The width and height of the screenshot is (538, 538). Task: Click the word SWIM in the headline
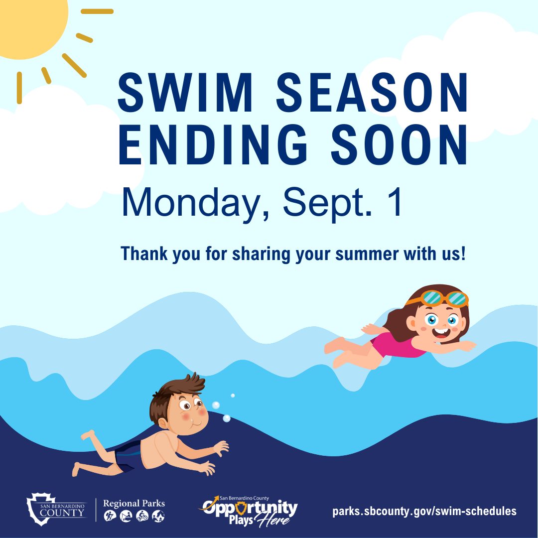pyautogui.click(x=185, y=92)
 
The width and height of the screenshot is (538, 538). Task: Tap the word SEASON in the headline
pyautogui.click(x=372, y=92)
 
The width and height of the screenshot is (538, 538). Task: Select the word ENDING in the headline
pyautogui.click(x=213, y=145)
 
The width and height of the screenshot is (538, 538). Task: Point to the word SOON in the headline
pyautogui.click(x=399, y=145)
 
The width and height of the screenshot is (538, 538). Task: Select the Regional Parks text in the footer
pyautogui.click(x=134, y=503)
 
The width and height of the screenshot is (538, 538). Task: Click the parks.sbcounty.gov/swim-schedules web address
pyautogui.click(x=424, y=511)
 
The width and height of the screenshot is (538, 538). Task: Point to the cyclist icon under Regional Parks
pyautogui.click(x=142, y=516)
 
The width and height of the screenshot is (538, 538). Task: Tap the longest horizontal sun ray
pyautogui.click(x=97, y=11)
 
